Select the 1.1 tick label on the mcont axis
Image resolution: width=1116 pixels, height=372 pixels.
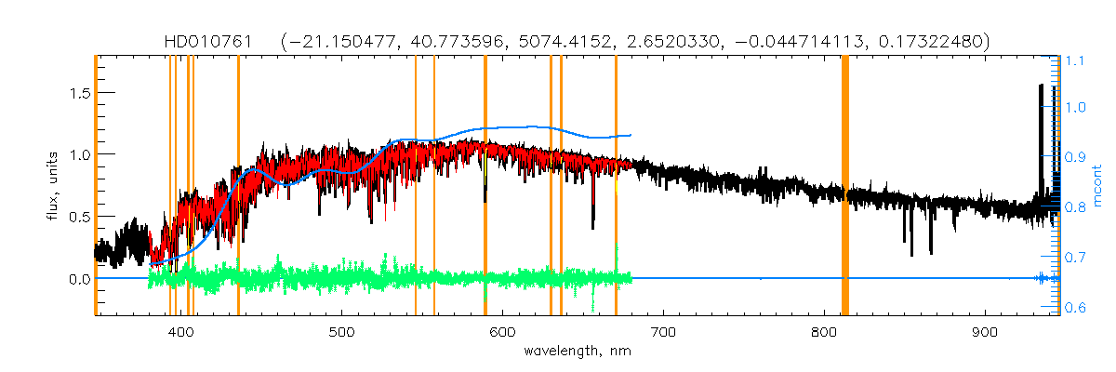[x=1075, y=61]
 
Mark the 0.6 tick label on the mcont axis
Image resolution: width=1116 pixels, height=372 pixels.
[x=1075, y=308]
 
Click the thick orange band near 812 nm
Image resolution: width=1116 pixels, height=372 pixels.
[x=845, y=186]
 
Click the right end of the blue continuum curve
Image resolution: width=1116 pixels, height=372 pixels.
[x=631, y=135]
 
